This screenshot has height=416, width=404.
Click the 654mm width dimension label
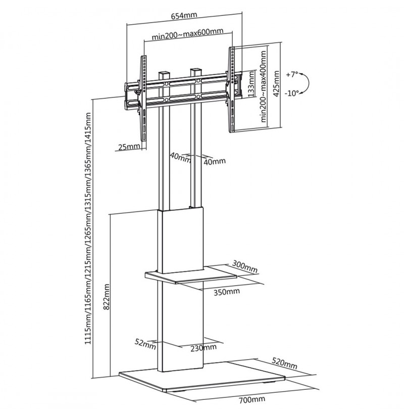(184, 15)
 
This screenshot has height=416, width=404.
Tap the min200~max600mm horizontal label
(187, 33)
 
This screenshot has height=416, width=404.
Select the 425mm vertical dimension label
(276, 84)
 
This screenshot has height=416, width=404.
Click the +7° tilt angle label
(292, 74)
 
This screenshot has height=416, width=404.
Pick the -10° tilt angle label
(291, 93)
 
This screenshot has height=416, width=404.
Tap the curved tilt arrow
(308, 83)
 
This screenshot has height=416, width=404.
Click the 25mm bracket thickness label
(129, 146)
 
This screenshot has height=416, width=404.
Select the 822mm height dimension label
(107, 297)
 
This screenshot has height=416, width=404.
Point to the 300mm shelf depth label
(245, 266)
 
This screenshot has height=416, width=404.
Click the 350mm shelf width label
(227, 292)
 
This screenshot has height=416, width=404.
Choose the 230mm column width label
(204, 348)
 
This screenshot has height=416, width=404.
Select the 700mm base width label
(251, 399)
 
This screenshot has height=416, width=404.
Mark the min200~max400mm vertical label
(263, 86)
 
